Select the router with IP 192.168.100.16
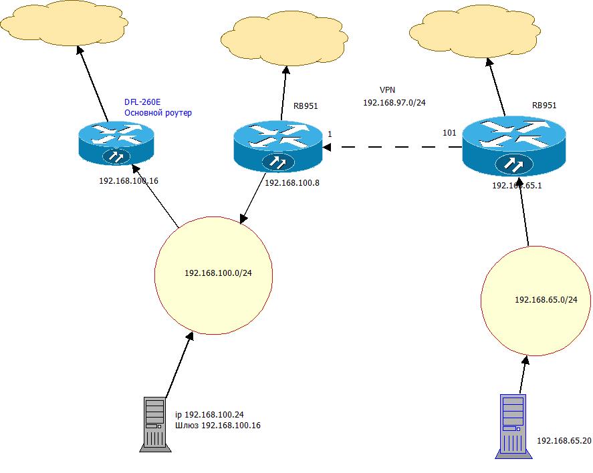pos(116,142)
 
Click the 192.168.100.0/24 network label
pos(218,273)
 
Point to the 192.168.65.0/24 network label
pos(546,300)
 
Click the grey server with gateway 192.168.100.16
pos(153,422)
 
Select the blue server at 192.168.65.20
pos(514,426)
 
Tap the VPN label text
pos(388,90)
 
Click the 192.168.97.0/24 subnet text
pos(394,103)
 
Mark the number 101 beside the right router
pos(449,132)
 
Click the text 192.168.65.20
pos(564,441)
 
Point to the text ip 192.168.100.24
pos(208,415)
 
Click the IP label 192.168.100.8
pos(292,182)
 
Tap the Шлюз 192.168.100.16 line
pos(218,426)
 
